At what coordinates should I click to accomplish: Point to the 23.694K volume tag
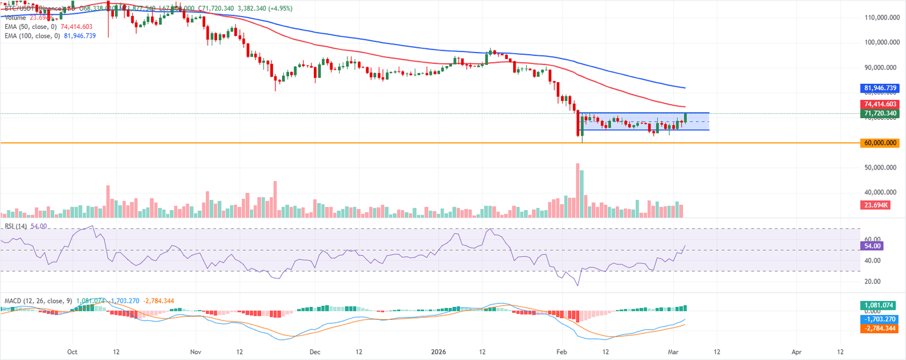[x=876, y=205]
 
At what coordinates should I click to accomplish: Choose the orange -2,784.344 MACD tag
[x=879, y=328]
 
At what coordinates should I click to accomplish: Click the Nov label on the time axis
[x=196, y=351]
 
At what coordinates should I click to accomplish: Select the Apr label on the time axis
[x=797, y=351]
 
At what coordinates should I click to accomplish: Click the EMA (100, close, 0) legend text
[x=32, y=35]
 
